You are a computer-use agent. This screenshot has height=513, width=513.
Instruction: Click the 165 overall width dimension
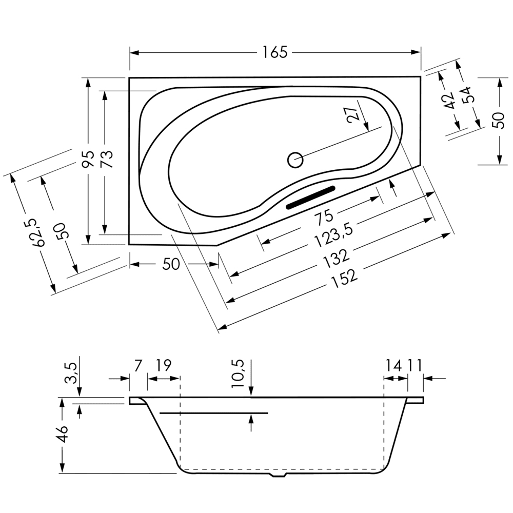point(275,52)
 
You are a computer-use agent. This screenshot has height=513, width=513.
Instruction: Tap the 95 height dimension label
point(88,159)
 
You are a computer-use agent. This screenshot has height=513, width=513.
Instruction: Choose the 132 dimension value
point(337,257)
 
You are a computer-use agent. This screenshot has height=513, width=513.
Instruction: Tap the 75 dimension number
point(324,217)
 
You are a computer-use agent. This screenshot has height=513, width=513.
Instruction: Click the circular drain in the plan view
point(295,160)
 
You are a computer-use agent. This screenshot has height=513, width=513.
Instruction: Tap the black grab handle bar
point(311,197)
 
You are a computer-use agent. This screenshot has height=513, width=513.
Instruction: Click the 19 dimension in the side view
point(163,365)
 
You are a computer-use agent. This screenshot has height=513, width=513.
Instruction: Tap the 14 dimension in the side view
point(393,365)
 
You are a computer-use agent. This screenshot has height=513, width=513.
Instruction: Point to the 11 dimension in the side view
point(414,365)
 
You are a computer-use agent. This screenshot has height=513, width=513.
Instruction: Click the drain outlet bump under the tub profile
point(278,475)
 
